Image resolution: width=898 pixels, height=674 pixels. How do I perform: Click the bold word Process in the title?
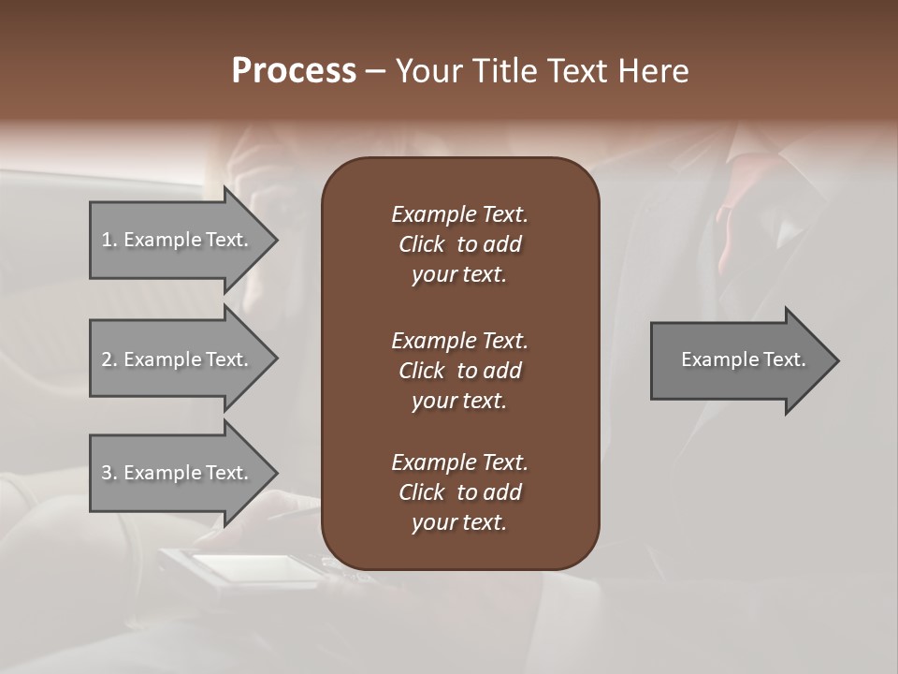point(294,71)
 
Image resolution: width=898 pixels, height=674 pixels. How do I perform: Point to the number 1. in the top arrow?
point(109,240)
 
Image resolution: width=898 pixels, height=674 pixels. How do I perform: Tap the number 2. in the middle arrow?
point(109,359)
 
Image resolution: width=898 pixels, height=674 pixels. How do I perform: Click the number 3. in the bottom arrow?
point(109,473)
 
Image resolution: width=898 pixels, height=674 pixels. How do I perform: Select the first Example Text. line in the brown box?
point(459,214)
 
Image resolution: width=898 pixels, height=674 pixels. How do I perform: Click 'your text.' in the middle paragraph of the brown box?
point(459,401)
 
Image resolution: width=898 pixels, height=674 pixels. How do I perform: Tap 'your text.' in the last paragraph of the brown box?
point(459,522)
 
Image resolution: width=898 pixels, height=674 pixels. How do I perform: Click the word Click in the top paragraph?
point(421,244)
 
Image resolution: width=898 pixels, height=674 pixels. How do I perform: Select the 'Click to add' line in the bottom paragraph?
point(459,492)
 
